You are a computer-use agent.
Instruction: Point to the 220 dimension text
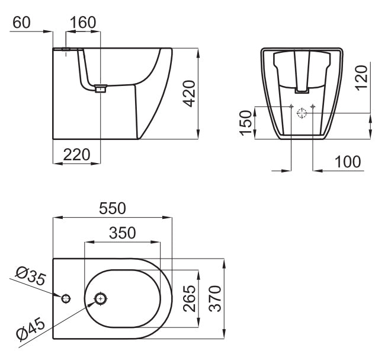(76, 155)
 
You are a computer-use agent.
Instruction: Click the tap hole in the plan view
(65, 297)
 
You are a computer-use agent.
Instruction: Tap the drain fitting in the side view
(100, 90)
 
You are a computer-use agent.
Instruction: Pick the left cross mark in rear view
(291, 107)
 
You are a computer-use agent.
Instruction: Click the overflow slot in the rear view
(302, 91)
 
